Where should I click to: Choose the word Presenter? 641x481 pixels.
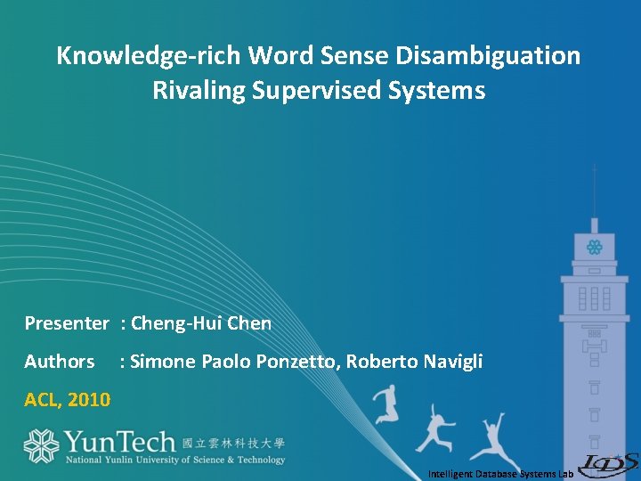click(x=66, y=323)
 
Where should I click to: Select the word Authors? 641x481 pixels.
click(x=60, y=362)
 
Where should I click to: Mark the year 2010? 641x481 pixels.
click(x=89, y=400)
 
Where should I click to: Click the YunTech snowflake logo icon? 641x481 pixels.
click(x=40, y=445)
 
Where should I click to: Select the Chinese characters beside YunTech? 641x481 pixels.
click(x=233, y=443)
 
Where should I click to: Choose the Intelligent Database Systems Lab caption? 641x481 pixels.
click(x=499, y=474)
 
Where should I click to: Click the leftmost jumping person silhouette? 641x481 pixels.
click(x=385, y=403)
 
